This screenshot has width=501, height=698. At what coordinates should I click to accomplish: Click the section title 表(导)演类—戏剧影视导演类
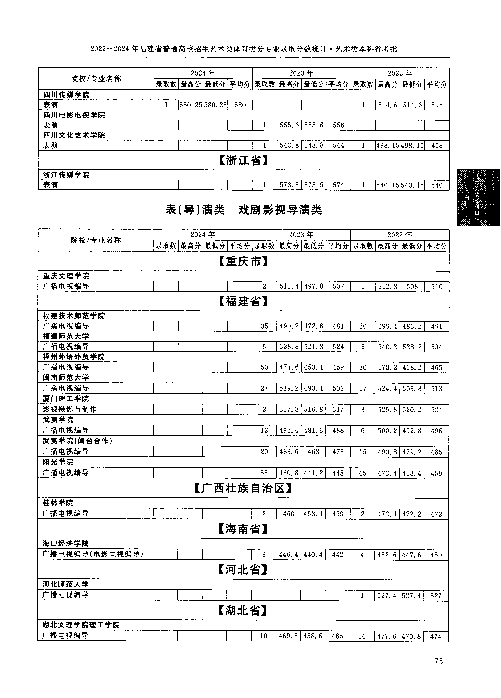click(243, 210)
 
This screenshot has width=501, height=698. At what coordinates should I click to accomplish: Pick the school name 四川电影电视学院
click(74, 115)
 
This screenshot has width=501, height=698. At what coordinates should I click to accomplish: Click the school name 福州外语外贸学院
click(74, 357)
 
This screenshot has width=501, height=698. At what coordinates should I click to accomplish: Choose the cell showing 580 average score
click(240, 105)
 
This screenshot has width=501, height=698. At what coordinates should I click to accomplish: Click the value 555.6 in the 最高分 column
click(289, 125)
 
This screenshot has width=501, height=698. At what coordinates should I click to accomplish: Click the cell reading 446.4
click(288, 555)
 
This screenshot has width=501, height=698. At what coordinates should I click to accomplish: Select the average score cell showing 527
click(436, 596)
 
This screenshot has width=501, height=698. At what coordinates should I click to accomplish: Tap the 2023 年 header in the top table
click(301, 73)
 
